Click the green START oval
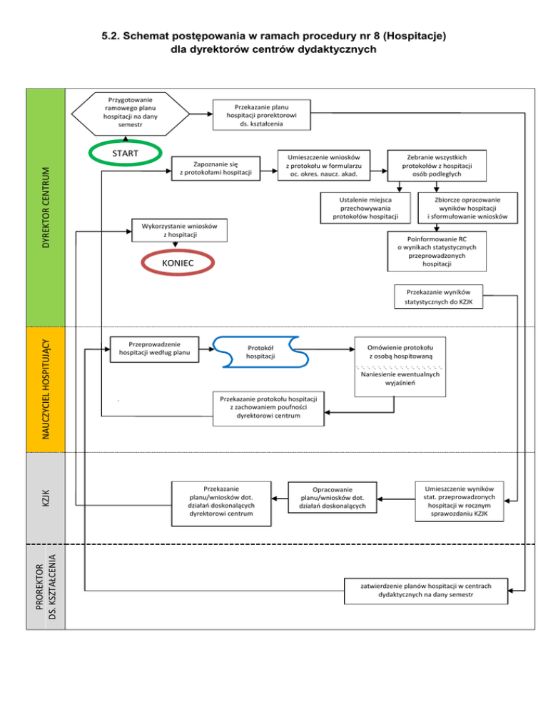pos(125,154)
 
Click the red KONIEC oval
pos(178,263)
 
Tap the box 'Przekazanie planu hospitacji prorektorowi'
pos(263,114)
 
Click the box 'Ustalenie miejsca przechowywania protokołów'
pos(365,206)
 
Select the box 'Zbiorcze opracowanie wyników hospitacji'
pos(467,206)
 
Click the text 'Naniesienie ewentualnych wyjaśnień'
pos(400,379)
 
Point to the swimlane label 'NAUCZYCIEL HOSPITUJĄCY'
pos(46,389)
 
